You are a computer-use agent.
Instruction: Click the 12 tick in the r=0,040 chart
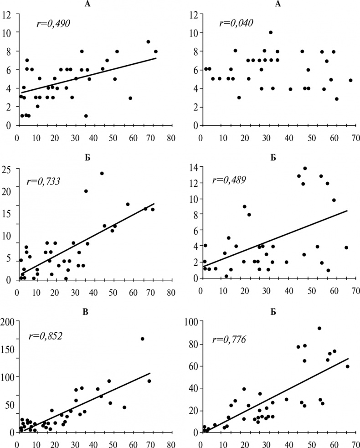coord(193,14)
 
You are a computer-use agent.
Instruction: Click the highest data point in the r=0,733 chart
coord(102,173)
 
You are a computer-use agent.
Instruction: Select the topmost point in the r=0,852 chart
coord(143,339)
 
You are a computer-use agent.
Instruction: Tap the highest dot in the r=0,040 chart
coord(271,32)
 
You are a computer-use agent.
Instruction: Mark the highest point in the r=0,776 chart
coord(319,328)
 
